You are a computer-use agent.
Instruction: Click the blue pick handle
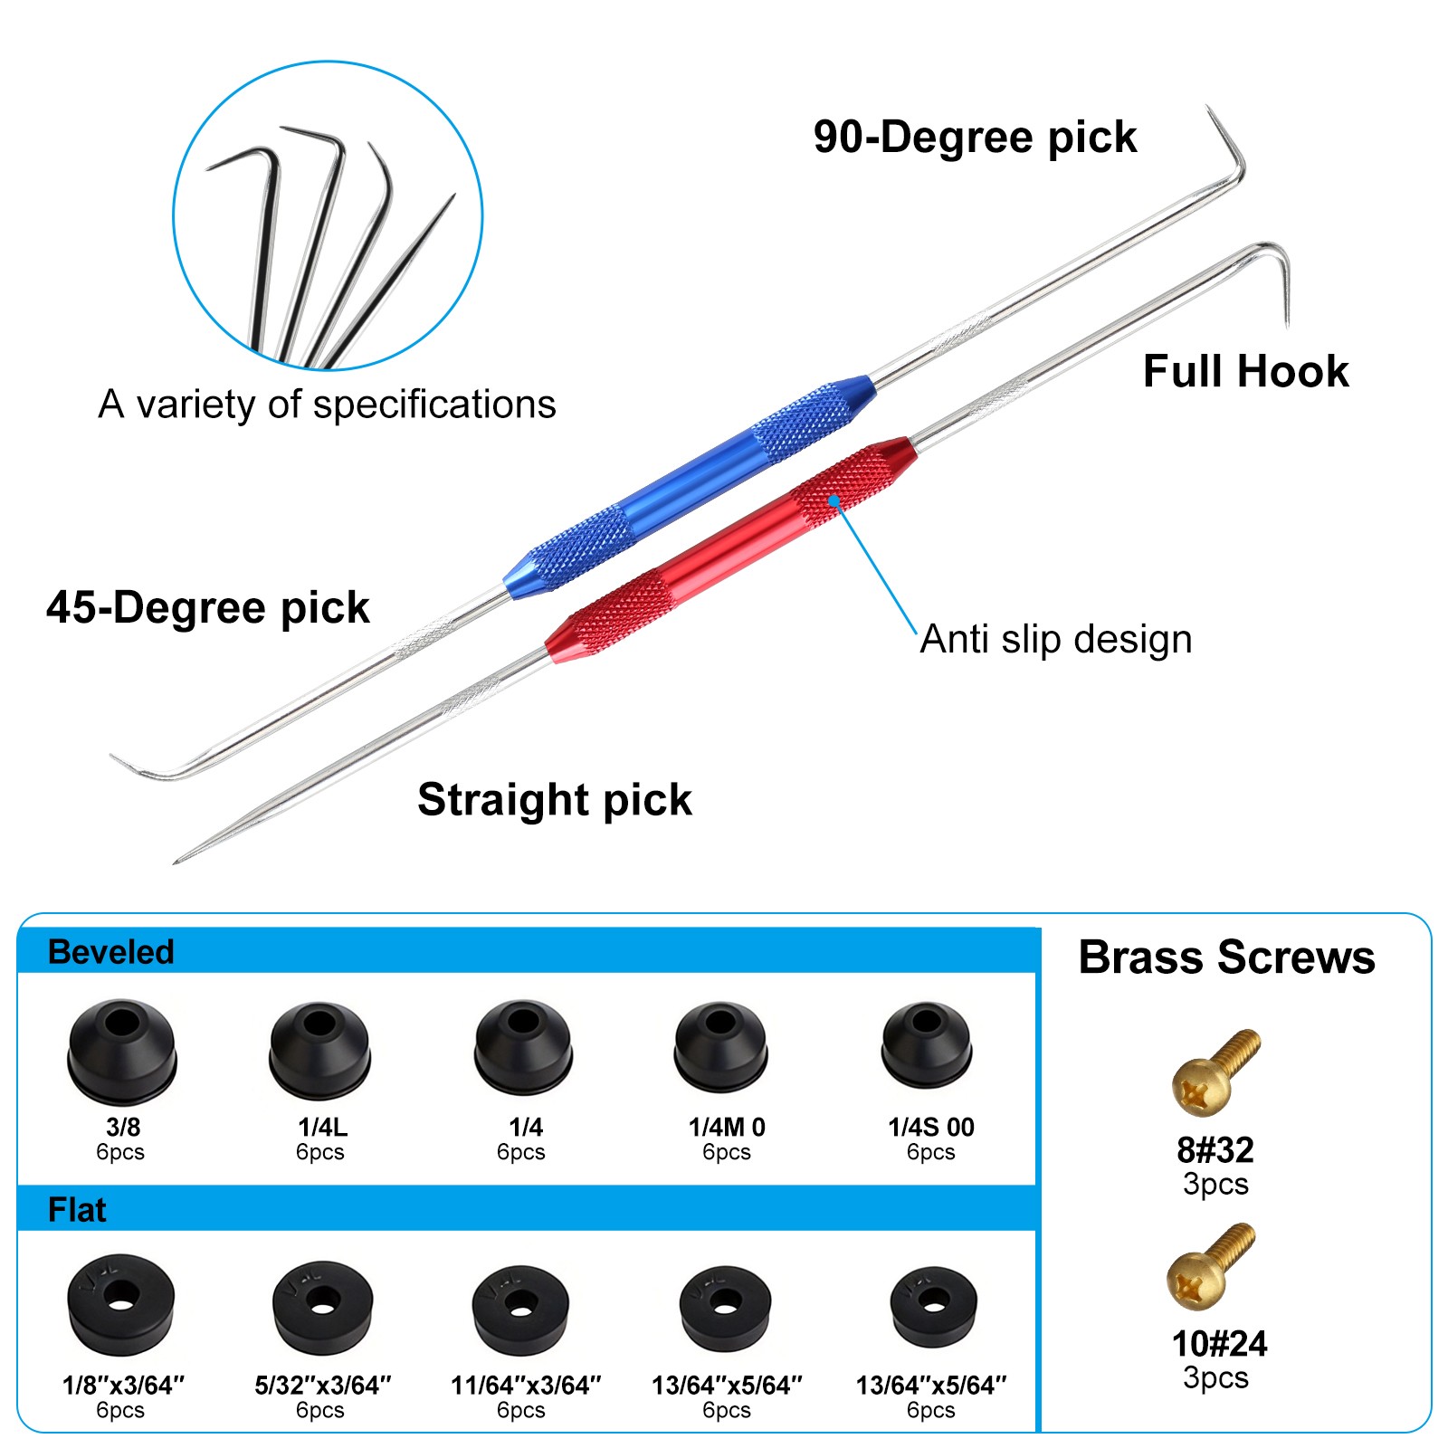[x=690, y=487]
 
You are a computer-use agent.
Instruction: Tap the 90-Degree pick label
[x=975, y=138]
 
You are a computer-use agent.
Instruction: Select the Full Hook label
[x=1245, y=371]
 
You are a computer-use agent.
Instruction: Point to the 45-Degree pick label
[x=207, y=607]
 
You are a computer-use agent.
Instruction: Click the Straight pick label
[x=555, y=800]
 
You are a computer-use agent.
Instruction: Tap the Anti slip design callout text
[x=1056, y=639]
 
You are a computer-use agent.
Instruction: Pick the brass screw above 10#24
[x=1211, y=1267]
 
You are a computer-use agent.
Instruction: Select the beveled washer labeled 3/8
[x=122, y=1052]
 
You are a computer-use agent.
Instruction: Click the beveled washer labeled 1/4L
[x=319, y=1050]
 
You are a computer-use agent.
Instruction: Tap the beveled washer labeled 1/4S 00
[x=928, y=1044]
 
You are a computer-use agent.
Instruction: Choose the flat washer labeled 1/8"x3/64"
[x=121, y=1304]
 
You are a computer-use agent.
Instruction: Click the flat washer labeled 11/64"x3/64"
[x=520, y=1310]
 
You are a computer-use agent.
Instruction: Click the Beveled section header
[x=110, y=952]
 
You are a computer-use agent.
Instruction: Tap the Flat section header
[x=77, y=1210]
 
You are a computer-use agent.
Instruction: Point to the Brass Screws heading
[x=1226, y=957]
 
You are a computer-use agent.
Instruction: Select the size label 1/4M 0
[x=727, y=1127]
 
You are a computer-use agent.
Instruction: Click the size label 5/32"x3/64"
[x=322, y=1385]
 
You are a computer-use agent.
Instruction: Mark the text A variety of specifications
[x=327, y=405]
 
